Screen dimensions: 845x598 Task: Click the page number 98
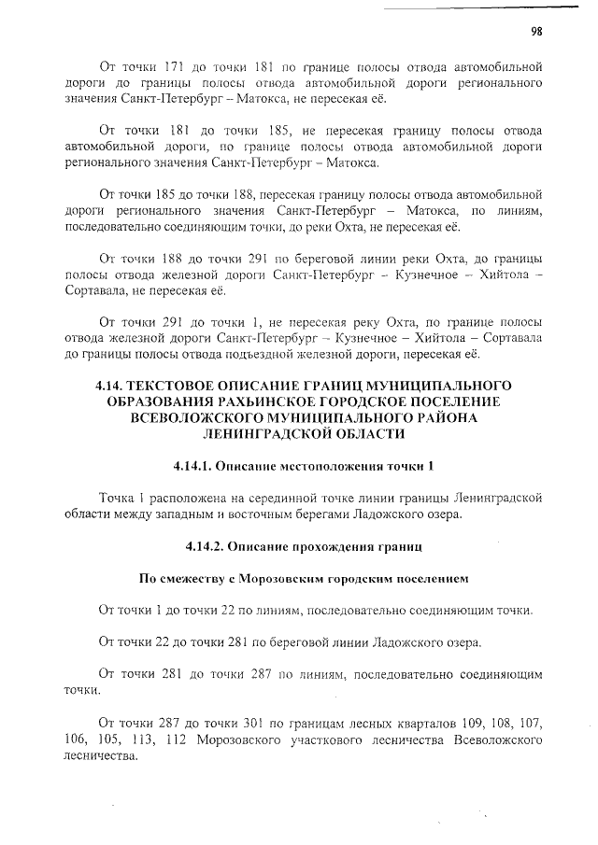[537, 30]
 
